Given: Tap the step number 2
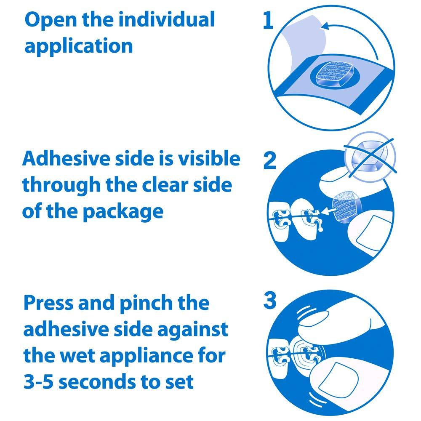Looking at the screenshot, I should [x=270, y=161].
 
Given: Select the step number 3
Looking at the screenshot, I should [x=269, y=301].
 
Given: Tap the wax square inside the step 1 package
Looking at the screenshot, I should [x=332, y=75].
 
